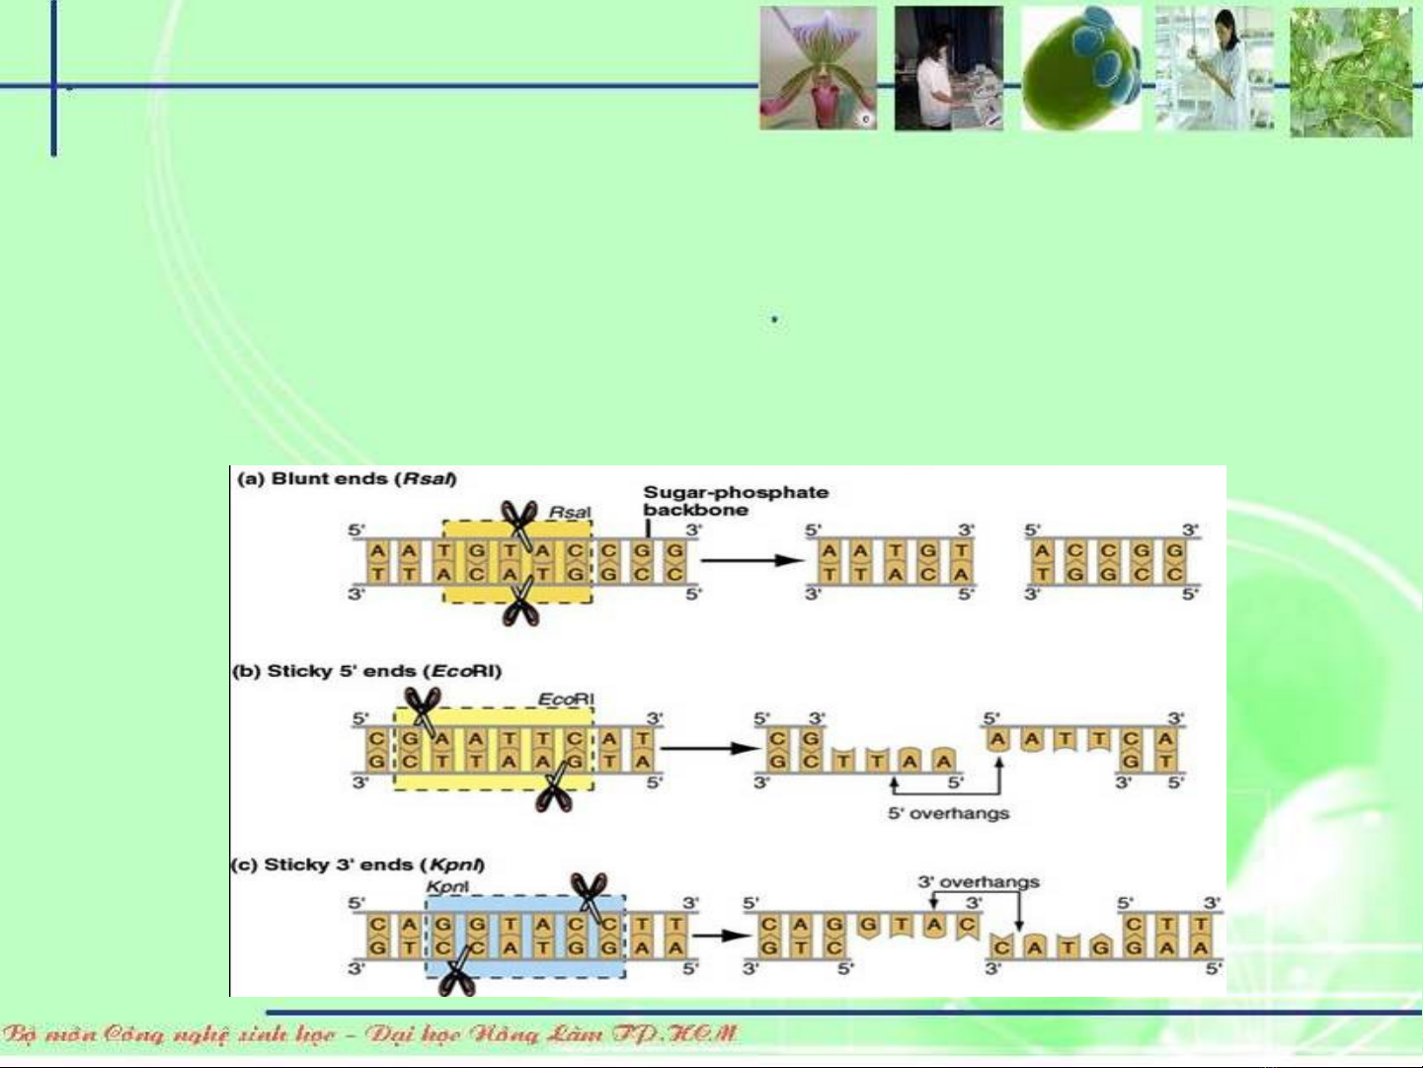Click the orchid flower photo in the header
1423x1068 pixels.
(818, 68)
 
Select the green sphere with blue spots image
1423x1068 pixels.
(1080, 68)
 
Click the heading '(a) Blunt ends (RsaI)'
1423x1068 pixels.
(346, 479)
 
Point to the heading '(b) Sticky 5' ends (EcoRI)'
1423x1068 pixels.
(367, 672)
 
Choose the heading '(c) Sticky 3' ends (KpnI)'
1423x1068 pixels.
(357, 865)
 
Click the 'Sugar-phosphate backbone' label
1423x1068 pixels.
(736, 501)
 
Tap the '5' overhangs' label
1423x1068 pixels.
(948, 814)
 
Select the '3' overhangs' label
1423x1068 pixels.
(979, 882)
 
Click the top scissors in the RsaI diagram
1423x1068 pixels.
(518, 521)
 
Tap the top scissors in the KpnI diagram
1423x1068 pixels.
(591, 894)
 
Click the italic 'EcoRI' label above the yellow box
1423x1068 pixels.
(566, 699)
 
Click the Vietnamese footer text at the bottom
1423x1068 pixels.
(370, 1034)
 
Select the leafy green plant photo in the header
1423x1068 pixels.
(1351, 71)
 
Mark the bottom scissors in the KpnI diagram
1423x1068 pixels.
(456, 974)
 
